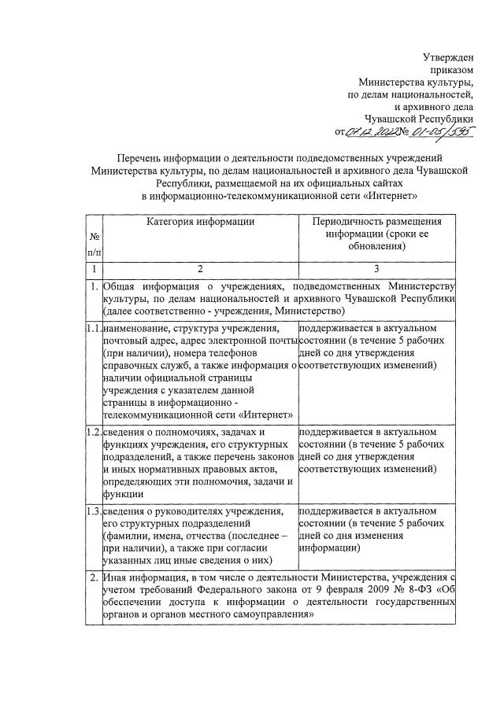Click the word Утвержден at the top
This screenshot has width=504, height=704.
coord(448,56)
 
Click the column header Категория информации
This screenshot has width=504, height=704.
coord(200,222)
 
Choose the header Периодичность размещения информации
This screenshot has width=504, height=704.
coord(376,234)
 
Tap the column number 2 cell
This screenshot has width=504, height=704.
coord(200,269)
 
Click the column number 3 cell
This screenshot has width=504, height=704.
coord(376,269)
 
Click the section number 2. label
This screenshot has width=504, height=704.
coord(94,579)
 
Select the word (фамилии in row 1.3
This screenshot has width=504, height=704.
coord(125,536)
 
